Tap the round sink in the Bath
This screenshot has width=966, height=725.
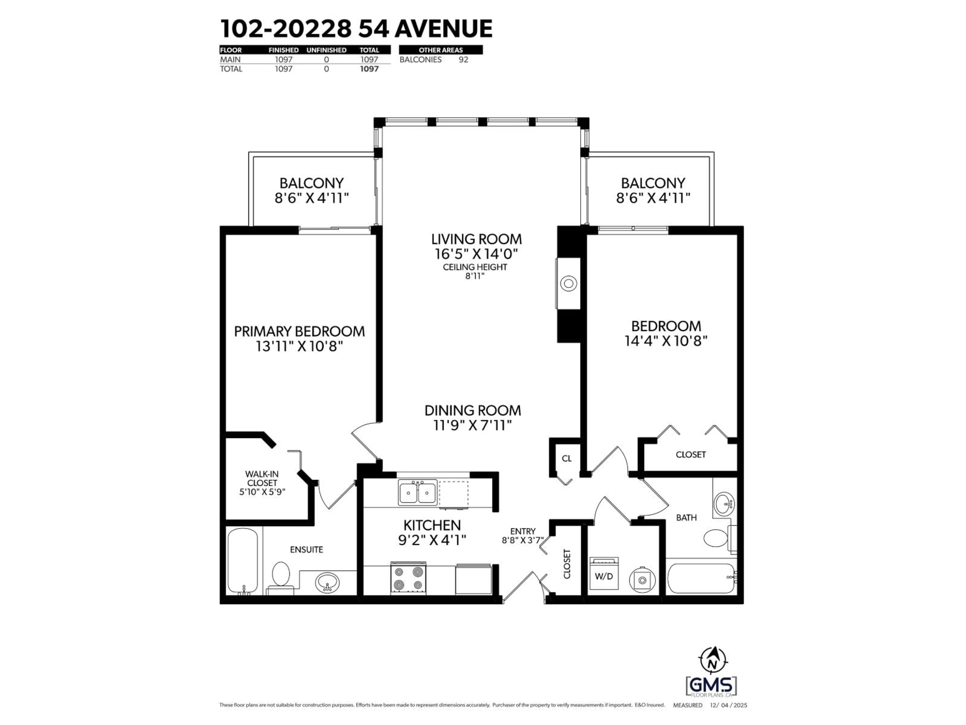pos(724,504)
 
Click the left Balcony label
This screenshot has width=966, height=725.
pos(311,183)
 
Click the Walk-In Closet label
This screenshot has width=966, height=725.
pos(262,478)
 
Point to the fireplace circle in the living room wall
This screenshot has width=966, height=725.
pos(568,284)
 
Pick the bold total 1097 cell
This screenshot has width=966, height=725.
pos(369,69)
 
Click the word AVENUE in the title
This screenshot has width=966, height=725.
pos(444,29)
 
